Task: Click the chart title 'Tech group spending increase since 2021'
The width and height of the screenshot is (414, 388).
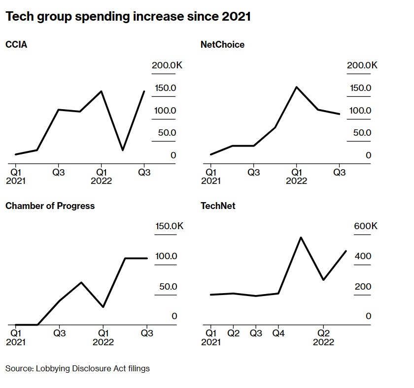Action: click(x=128, y=17)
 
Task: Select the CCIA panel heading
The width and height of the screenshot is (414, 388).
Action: click(x=16, y=45)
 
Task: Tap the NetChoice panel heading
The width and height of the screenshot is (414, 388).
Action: click(x=222, y=45)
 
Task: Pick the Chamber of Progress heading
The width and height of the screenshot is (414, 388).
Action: click(x=50, y=206)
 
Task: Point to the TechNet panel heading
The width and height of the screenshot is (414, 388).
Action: click(x=218, y=206)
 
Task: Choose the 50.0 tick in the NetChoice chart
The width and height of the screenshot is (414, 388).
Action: click(x=361, y=133)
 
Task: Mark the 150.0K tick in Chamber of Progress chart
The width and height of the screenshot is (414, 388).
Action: click(x=169, y=226)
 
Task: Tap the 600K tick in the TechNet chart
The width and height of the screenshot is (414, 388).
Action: click(x=365, y=226)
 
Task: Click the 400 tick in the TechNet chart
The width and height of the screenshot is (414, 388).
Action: click(x=363, y=256)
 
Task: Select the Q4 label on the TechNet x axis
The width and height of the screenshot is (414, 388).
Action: click(x=278, y=333)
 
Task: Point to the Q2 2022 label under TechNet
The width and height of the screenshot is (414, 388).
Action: click(x=323, y=337)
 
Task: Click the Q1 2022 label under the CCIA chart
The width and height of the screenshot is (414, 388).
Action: click(x=102, y=177)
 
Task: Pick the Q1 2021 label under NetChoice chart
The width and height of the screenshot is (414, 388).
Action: click(x=211, y=177)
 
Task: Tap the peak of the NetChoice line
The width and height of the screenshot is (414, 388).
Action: click(x=296, y=87)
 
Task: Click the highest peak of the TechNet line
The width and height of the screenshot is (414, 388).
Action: click(x=301, y=238)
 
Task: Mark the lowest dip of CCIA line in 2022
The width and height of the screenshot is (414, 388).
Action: click(x=123, y=150)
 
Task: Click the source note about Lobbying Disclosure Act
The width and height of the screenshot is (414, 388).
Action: click(x=77, y=368)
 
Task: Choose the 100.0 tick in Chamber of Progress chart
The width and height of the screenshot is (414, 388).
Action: click(x=166, y=256)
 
